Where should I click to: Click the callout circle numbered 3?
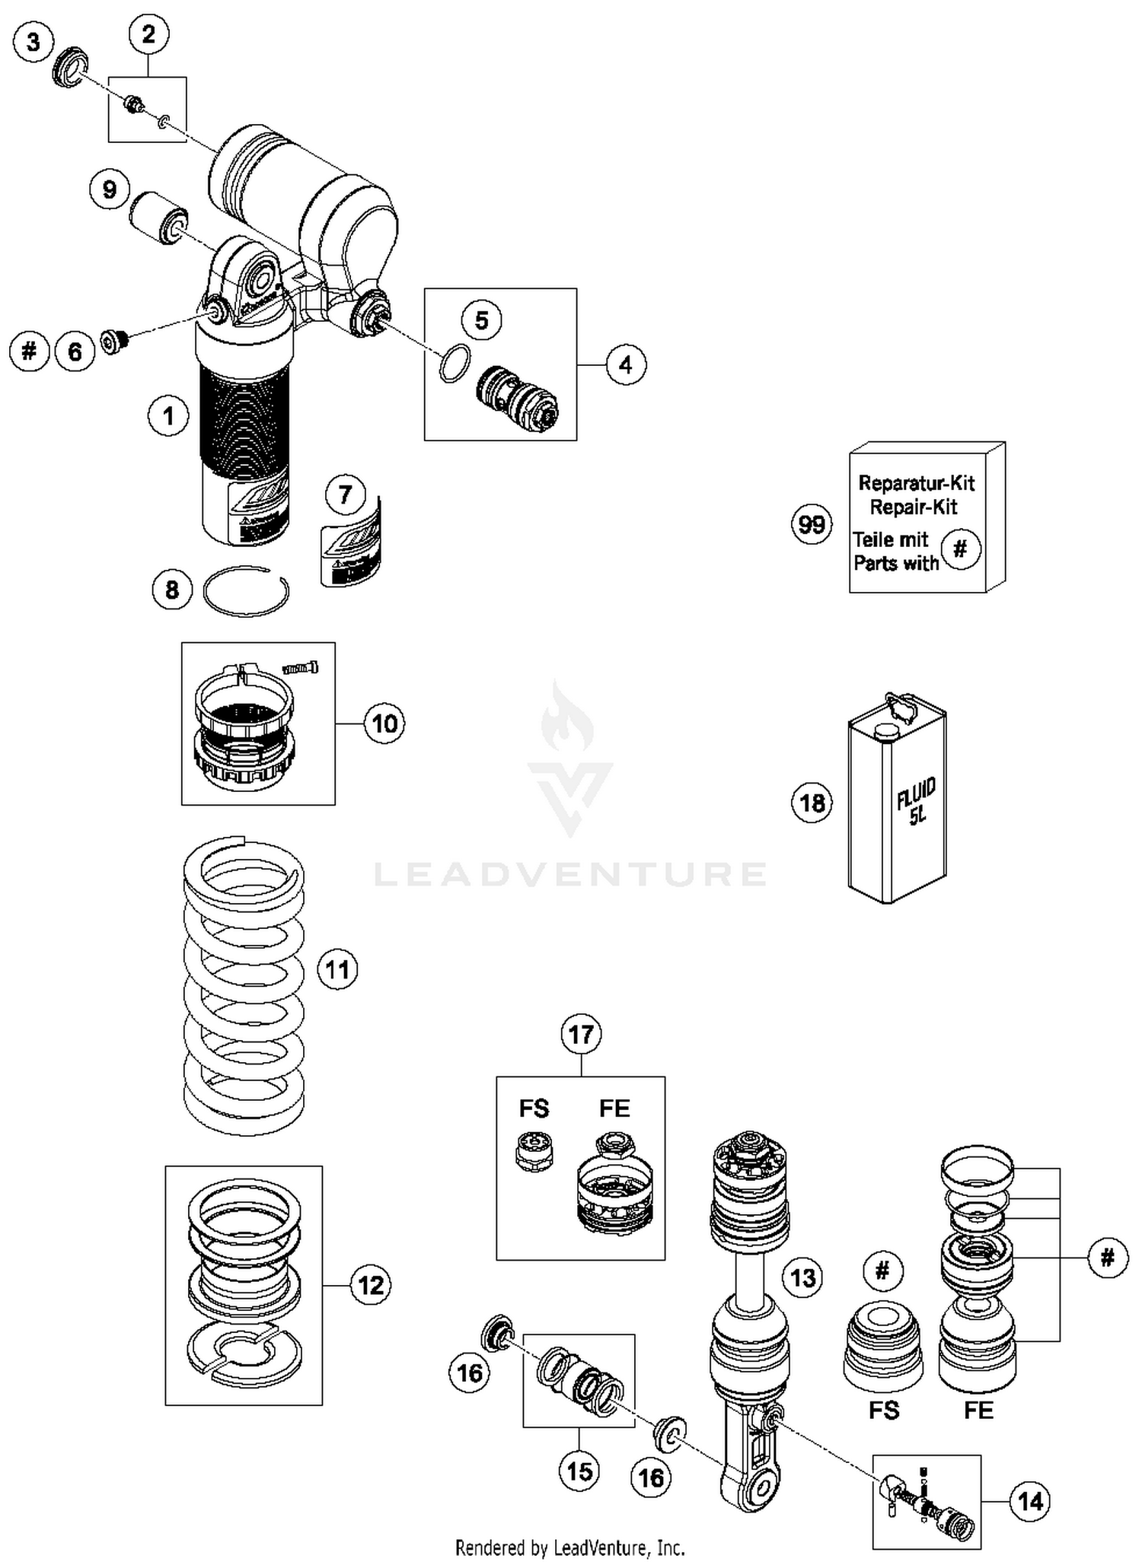tap(33, 41)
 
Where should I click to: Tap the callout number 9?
tap(110, 189)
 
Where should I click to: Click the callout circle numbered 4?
tap(626, 365)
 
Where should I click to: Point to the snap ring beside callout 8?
tap(246, 591)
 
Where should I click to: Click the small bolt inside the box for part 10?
tap(301, 668)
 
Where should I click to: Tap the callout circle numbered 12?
tap(371, 1285)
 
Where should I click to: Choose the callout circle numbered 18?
tap(812, 803)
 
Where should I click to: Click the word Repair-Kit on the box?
tap(914, 507)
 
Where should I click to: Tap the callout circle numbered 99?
tap(812, 524)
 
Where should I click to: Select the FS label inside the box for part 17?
tap(534, 1109)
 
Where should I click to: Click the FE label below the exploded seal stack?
tap(978, 1411)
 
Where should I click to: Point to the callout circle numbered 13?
tap(803, 1277)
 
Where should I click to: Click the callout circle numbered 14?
tap(1030, 1501)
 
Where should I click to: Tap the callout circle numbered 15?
tap(579, 1471)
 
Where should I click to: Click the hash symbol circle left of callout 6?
tap(30, 351)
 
